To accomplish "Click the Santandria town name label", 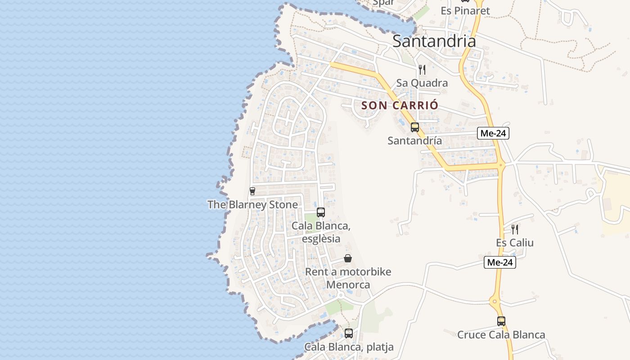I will click(x=434, y=41).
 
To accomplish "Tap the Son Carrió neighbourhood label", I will click(x=400, y=105).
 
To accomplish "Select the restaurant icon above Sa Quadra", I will click(x=422, y=69).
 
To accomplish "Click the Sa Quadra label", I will click(x=422, y=83).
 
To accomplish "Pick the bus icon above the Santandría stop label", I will click(x=414, y=127).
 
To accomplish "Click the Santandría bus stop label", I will click(x=414, y=140).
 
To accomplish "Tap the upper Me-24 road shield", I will click(x=494, y=133).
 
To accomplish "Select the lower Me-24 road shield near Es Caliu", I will click(x=500, y=263).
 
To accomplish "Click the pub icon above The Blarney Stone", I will click(x=252, y=191).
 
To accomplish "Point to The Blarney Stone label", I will click(x=252, y=205).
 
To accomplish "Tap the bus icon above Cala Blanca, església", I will click(x=321, y=212).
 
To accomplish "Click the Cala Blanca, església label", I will click(x=321, y=232).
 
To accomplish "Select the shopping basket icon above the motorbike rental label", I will click(x=348, y=258).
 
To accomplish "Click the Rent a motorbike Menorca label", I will click(x=348, y=278).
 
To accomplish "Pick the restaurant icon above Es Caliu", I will click(x=515, y=229).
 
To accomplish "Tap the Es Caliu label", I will click(x=515, y=243).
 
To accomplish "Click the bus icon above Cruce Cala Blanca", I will click(x=501, y=321).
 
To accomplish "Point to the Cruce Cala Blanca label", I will click(x=501, y=335).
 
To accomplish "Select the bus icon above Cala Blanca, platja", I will click(x=349, y=333).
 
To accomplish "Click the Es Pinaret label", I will click(x=465, y=11).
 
